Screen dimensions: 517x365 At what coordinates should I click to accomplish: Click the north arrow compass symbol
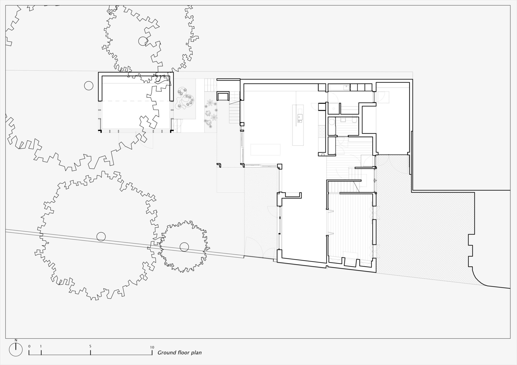pyautogui.click(x=16, y=350)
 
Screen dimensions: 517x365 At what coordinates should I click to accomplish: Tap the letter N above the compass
pyautogui.click(x=16, y=340)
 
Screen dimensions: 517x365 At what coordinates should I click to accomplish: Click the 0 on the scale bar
pyautogui.click(x=29, y=346)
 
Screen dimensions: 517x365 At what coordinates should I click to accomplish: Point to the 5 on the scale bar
pyautogui.click(x=90, y=346)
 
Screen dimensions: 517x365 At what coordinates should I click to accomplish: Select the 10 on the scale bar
pyautogui.click(x=152, y=347)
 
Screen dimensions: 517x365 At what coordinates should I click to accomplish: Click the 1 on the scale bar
pyautogui.click(x=41, y=346)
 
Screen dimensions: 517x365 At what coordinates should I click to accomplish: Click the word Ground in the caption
pyautogui.click(x=165, y=353)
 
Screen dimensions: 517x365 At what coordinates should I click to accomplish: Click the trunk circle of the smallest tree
pyautogui.click(x=184, y=247)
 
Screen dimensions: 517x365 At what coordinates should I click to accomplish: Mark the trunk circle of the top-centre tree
pyautogui.click(x=143, y=41)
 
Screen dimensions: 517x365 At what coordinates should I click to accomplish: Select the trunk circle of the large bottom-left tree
pyautogui.click(x=101, y=236)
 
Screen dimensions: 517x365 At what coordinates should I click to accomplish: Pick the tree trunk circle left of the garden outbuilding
pyautogui.click(x=89, y=86)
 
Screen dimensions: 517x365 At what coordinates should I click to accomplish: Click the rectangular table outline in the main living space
pyautogui.click(x=265, y=150)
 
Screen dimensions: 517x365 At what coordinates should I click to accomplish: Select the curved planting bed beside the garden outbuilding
pyautogui.click(x=185, y=99)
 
